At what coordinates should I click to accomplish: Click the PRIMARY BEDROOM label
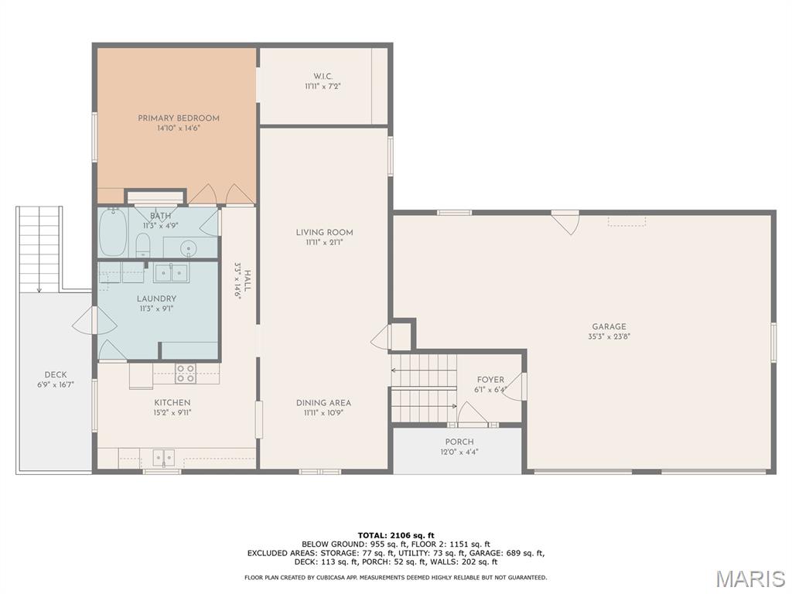coord(179,118)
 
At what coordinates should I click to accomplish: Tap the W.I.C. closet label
coord(323,76)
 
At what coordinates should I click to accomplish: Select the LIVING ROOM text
coord(324,232)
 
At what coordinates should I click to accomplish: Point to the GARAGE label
coord(609,326)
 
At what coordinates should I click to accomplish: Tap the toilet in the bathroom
coord(143,247)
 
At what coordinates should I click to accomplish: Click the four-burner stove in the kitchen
coord(186,373)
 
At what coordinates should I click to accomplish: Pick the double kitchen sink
coord(163,457)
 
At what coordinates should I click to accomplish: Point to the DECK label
coord(55,374)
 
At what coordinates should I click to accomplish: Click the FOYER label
coord(490,380)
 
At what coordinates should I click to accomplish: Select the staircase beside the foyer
coord(423,387)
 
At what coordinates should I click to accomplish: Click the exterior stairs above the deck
coord(39,248)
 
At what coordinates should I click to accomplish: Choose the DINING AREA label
coord(323,402)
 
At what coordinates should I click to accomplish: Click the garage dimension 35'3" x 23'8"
coord(609,336)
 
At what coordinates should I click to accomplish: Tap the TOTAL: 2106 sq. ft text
coord(396,534)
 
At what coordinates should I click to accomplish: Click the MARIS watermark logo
coord(749,578)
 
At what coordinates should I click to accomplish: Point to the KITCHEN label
coord(172,402)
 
